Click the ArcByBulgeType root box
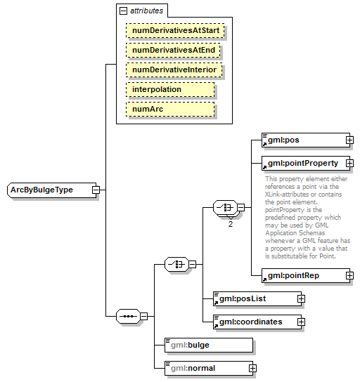tap(48, 190)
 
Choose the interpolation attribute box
tap(169, 90)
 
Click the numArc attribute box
tap(169, 110)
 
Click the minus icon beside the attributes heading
tap(124, 11)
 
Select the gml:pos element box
tap(302, 140)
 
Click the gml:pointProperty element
tap(302, 163)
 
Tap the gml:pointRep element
tap(302, 275)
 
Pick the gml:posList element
tap(254, 298)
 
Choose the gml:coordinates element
tap(254, 322)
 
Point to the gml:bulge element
tap(207, 345)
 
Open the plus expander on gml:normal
tap(253, 368)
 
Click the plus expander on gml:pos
tap(349, 140)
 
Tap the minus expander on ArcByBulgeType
tap(95, 190)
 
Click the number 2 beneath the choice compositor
tap(230, 223)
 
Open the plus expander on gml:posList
tap(301, 298)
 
